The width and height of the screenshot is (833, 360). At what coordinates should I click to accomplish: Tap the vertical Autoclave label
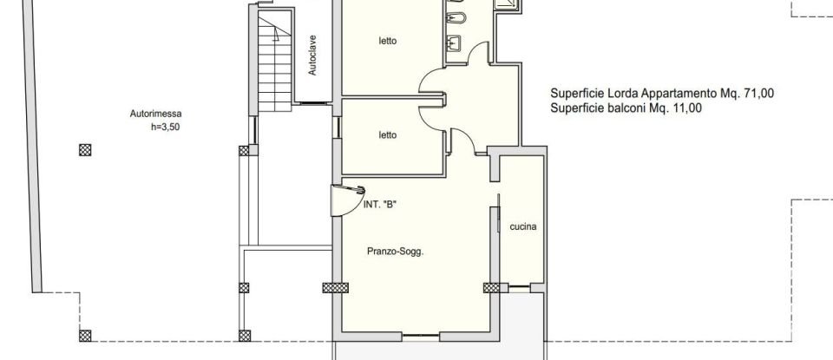point(312,54)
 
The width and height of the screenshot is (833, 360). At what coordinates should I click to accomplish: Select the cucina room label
point(523,227)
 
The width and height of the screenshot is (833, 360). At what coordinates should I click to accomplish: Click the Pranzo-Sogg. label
point(400,252)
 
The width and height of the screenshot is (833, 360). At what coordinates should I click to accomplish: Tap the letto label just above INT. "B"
point(387,134)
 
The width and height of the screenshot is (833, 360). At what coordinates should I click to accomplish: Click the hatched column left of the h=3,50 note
point(85,149)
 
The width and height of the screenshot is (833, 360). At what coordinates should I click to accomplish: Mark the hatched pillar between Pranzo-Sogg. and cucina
point(492,288)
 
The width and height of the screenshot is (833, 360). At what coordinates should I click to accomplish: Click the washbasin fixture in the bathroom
point(455,40)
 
